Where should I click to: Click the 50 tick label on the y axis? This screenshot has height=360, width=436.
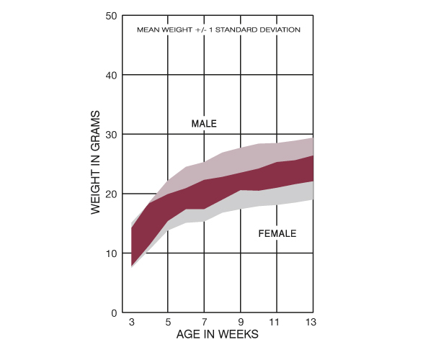[x=111, y=16]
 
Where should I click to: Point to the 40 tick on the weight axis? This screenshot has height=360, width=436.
[x=111, y=76]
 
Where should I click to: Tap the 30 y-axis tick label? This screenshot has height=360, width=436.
[x=111, y=135]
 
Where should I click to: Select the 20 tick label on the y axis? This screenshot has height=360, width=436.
[x=111, y=194]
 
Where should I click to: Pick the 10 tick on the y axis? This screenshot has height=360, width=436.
[x=111, y=253]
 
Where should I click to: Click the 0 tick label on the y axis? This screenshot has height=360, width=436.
[x=114, y=313]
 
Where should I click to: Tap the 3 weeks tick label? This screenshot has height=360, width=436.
[x=132, y=322]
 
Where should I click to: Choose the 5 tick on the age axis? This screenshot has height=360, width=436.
[x=168, y=322]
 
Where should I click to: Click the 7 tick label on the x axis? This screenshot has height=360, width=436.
[x=205, y=322]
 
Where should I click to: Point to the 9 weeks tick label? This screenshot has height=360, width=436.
[x=241, y=322]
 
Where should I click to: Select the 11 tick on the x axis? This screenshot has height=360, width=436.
[x=274, y=322]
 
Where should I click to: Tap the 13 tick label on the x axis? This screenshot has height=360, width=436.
[x=311, y=322]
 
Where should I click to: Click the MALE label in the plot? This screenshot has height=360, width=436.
[x=204, y=124]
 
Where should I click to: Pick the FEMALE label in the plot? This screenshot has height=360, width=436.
[x=277, y=233]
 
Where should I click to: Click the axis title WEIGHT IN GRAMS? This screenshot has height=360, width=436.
[x=95, y=163]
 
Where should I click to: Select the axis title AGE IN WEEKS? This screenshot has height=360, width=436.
[x=218, y=334]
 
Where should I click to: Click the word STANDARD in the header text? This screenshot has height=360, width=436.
[x=235, y=30]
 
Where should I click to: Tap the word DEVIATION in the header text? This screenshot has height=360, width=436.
[x=278, y=30]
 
